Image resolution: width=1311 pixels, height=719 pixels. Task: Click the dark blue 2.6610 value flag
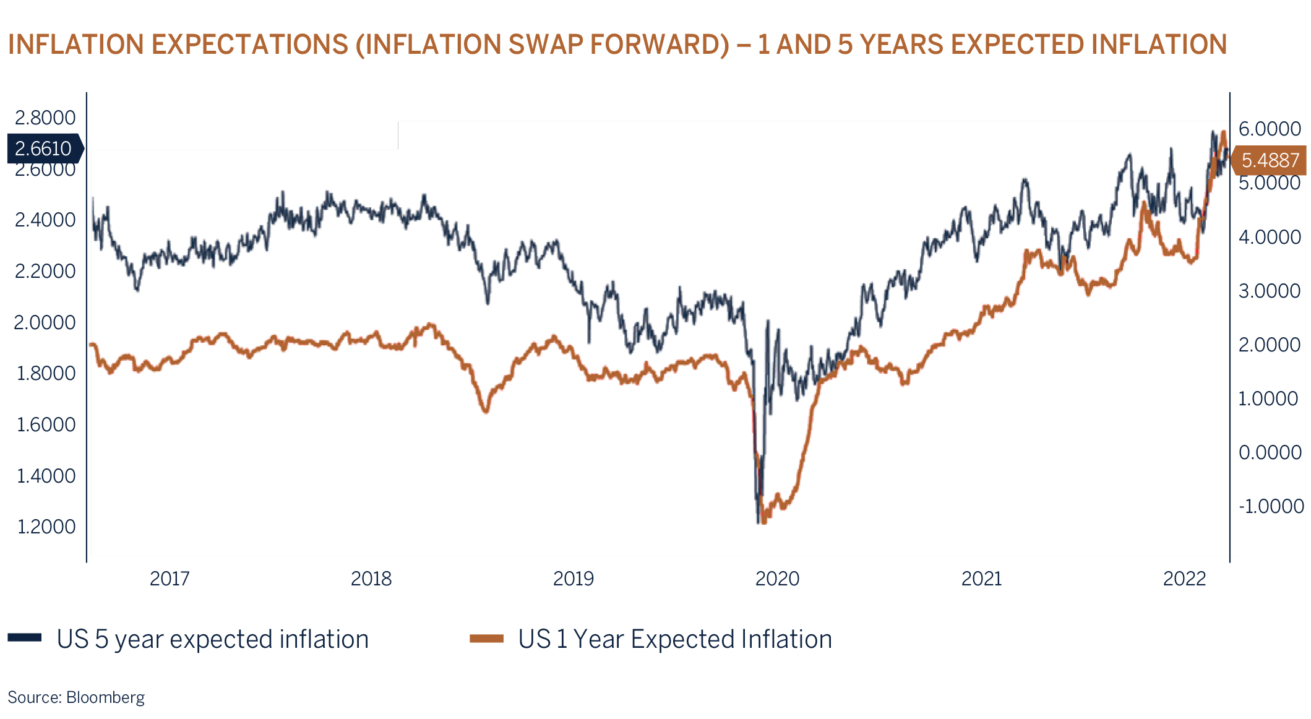click(x=43, y=149)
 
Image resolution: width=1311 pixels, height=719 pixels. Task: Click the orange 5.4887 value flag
click(x=1270, y=160)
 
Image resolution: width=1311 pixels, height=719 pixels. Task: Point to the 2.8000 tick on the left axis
click(x=45, y=118)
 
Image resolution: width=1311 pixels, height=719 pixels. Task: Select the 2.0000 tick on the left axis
click(x=45, y=322)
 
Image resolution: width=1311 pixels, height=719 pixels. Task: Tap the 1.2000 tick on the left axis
click(x=45, y=527)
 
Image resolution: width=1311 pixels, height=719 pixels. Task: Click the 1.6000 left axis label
click(x=45, y=424)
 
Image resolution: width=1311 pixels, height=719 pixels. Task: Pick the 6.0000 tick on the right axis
click(x=1270, y=129)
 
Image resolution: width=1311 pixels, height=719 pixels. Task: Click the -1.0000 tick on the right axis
click(x=1271, y=506)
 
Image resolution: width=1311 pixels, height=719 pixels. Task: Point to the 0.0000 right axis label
click(x=1270, y=452)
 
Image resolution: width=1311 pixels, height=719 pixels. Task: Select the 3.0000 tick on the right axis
click(x=1270, y=291)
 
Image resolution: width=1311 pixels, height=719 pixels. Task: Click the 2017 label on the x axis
click(x=170, y=579)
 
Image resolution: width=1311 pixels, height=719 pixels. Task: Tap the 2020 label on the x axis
click(x=777, y=579)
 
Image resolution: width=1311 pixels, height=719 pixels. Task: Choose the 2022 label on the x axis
click(x=1184, y=579)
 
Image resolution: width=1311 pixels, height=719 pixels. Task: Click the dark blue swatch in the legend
click(x=25, y=638)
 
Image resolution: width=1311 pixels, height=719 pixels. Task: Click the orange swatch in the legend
click(x=486, y=639)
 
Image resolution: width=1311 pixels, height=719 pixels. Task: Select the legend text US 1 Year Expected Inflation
click(x=675, y=639)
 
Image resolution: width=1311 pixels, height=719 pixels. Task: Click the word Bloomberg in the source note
click(x=105, y=697)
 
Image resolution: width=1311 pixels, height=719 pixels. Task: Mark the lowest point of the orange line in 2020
click(x=764, y=522)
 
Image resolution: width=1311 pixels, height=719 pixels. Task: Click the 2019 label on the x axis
click(x=573, y=579)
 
